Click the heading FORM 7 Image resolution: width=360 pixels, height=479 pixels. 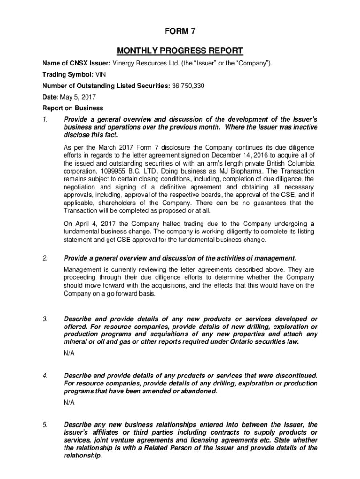[180, 32]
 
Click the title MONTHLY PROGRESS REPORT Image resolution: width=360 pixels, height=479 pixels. [180, 51]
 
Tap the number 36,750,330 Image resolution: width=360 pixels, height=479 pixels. [185, 86]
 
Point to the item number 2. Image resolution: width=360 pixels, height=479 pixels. [45, 258]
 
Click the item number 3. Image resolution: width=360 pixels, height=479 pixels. [45, 319]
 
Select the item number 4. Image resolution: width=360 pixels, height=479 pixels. [45, 376]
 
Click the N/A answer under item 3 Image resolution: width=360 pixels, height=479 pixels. [69, 353]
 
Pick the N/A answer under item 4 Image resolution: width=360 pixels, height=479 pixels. [69, 402]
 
